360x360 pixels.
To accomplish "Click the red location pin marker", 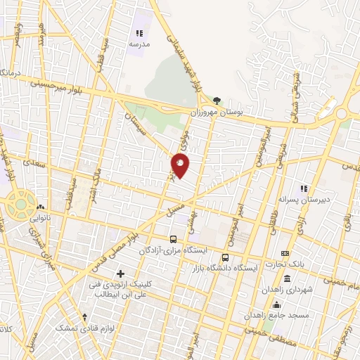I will [x=181, y=166].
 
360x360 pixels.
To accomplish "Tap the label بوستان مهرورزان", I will [x=216, y=112].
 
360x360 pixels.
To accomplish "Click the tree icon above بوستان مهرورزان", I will [x=217, y=101].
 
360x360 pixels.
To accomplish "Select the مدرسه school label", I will [x=139, y=44].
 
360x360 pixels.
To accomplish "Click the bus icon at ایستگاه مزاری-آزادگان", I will [x=174, y=238].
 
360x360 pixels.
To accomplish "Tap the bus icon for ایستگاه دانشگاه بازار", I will [x=225, y=257].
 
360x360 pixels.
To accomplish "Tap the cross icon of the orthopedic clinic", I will [x=120, y=273].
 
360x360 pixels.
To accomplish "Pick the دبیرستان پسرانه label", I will [x=304, y=199].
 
